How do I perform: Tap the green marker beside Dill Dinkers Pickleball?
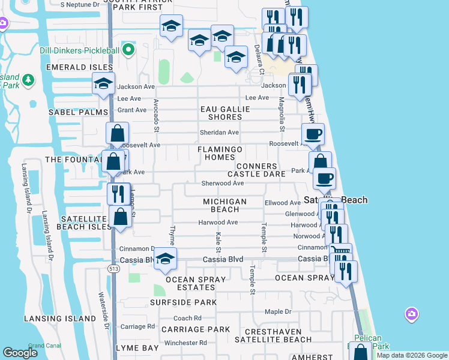pos(128,50)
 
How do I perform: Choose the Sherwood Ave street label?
pos(222,183)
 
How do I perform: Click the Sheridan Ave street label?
pos(220,133)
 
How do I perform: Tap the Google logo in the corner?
pos(20,352)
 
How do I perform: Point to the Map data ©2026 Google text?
pos(411,355)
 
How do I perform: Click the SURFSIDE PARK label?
pos(183,302)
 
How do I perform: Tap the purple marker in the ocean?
pos(411,313)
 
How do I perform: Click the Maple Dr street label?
pos(278,312)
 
